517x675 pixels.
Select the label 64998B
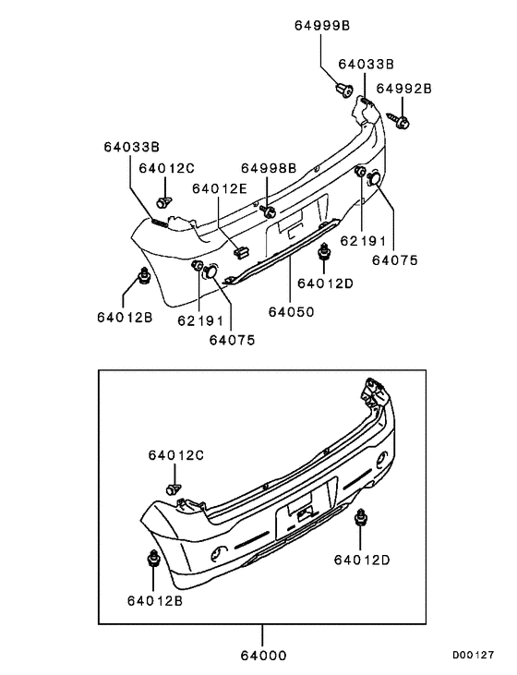(x=269, y=168)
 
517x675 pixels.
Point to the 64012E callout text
(x=220, y=189)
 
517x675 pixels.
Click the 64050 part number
(x=292, y=312)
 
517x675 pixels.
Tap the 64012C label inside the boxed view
(x=175, y=455)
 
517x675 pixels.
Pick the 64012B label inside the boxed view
(x=154, y=599)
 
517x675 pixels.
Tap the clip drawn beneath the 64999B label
(x=343, y=90)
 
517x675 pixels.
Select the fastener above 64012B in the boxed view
(x=152, y=560)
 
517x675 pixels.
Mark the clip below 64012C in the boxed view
(x=173, y=487)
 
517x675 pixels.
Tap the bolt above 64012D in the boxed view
(x=361, y=519)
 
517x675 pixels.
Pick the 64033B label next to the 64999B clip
(x=366, y=65)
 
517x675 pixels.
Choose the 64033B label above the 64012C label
(x=131, y=147)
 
